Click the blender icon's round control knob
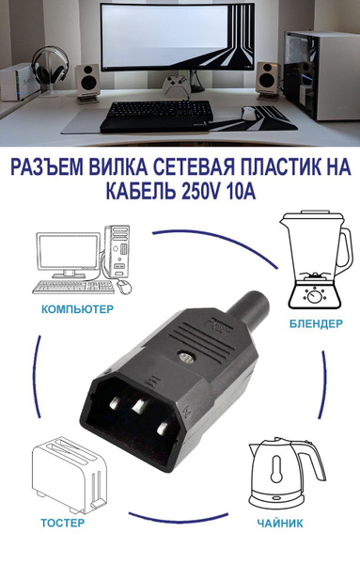(x=308, y=292)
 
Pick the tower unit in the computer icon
(x=119, y=254)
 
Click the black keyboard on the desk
(x=155, y=113)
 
